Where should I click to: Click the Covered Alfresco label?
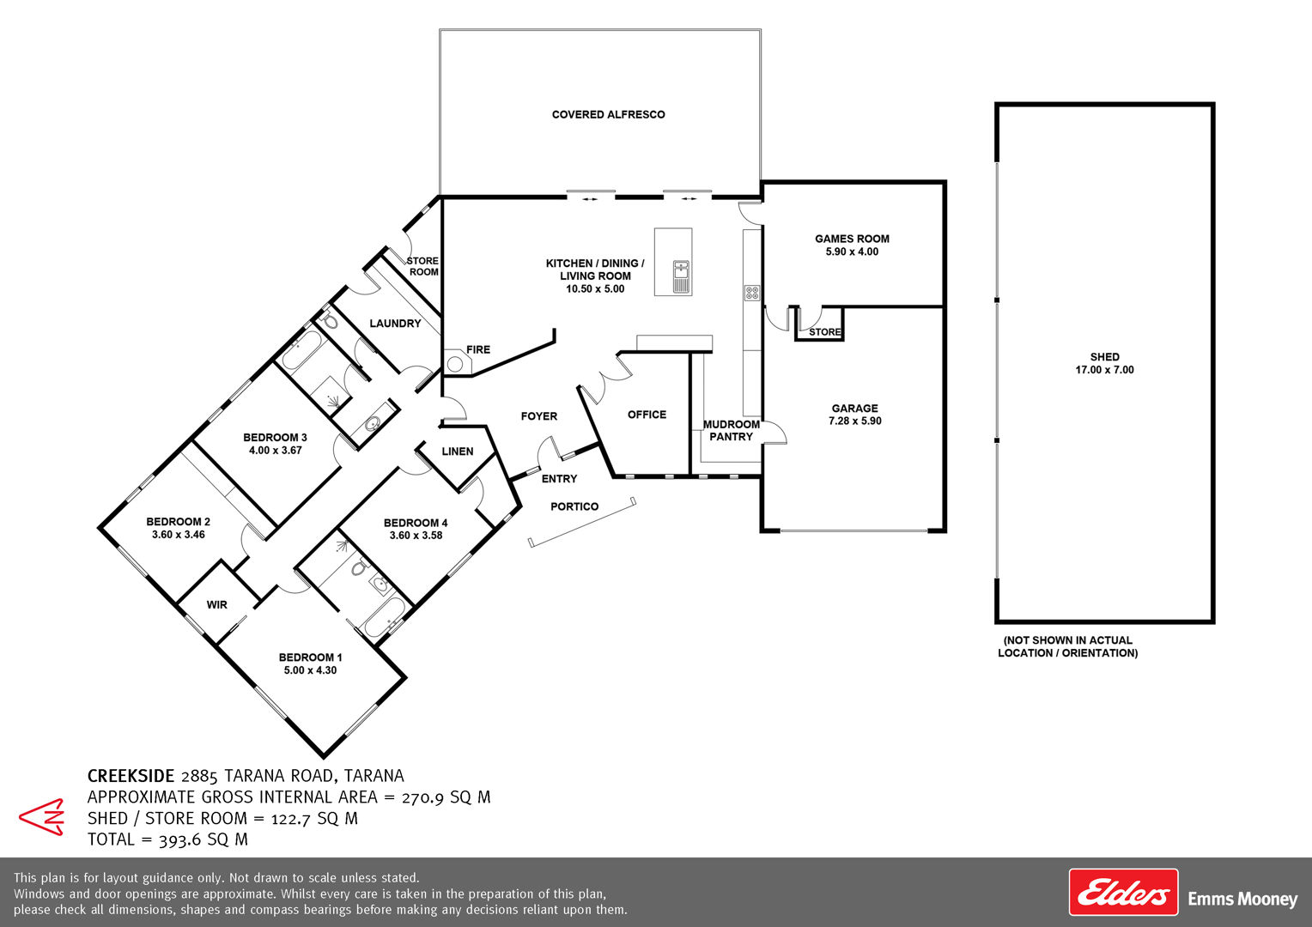tap(608, 115)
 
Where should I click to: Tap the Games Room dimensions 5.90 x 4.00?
tap(853, 251)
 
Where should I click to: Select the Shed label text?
tap(1105, 356)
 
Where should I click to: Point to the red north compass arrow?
tap(41, 817)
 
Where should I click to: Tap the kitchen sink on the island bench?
tap(681, 276)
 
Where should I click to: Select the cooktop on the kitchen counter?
tap(752, 293)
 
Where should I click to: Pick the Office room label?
tap(647, 415)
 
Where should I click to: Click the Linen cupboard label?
tap(458, 451)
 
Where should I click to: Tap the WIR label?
tap(216, 605)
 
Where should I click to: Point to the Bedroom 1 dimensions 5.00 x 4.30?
tap(311, 670)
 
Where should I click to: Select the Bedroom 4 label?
tap(416, 523)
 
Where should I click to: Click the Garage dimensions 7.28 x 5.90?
tap(855, 421)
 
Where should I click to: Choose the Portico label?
tap(574, 506)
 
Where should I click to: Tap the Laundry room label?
tap(395, 324)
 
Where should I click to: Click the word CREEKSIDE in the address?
tap(131, 776)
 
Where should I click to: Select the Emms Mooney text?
tap(1243, 900)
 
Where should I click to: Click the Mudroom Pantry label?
tap(732, 430)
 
